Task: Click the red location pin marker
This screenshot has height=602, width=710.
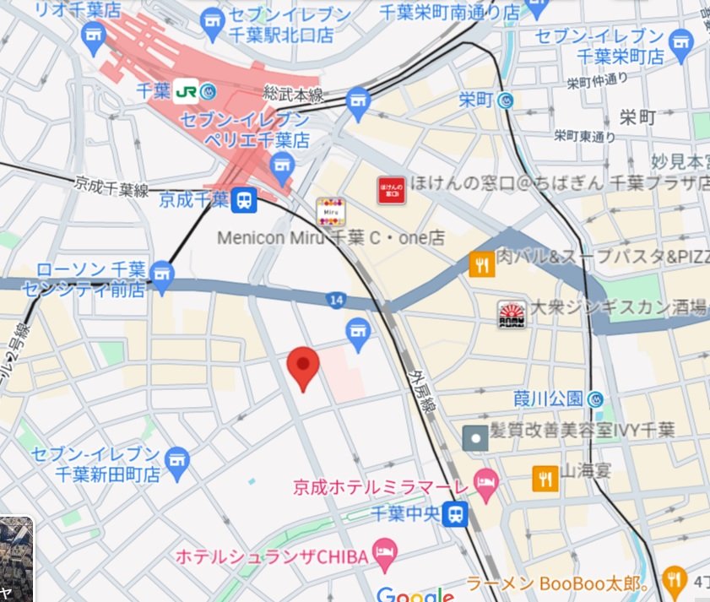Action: tap(303, 366)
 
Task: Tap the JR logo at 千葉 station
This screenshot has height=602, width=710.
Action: tap(187, 92)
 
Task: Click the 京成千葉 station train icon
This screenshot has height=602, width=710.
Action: tap(244, 200)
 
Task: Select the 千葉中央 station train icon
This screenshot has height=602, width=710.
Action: tap(457, 513)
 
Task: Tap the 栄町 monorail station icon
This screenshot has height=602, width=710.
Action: tap(507, 100)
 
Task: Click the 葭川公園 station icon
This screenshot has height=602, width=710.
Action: tap(595, 399)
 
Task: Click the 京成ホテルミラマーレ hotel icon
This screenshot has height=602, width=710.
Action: tap(486, 485)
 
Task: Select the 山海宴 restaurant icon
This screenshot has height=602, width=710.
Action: tap(545, 479)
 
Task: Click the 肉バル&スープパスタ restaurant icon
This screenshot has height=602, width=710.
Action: tap(481, 265)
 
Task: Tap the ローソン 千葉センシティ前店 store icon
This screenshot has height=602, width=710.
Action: tap(162, 272)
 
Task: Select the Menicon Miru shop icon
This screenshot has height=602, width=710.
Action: tap(329, 211)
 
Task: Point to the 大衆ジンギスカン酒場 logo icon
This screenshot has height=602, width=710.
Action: tap(511, 314)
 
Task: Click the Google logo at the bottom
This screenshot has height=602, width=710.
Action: tap(415, 594)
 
